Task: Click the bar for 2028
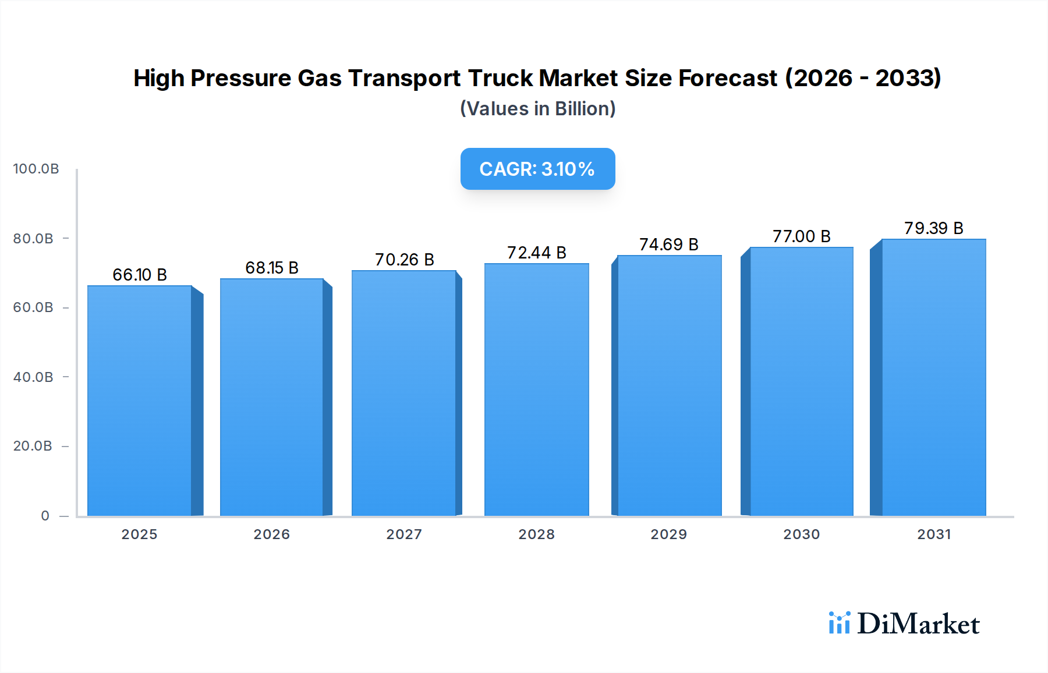click(536, 389)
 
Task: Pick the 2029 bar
click(669, 385)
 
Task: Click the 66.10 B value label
click(140, 274)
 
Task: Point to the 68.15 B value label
click(272, 267)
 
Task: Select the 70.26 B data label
click(404, 259)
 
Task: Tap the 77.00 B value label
click(801, 236)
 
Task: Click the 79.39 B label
click(933, 228)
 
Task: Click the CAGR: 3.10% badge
click(537, 169)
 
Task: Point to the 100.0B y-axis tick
click(36, 169)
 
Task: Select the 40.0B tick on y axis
click(33, 377)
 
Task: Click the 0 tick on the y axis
click(45, 516)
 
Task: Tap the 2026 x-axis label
click(271, 534)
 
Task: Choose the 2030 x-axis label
click(801, 534)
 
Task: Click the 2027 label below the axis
click(404, 534)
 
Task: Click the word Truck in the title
click(500, 78)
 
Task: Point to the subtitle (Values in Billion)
click(537, 109)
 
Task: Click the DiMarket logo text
click(918, 624)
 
